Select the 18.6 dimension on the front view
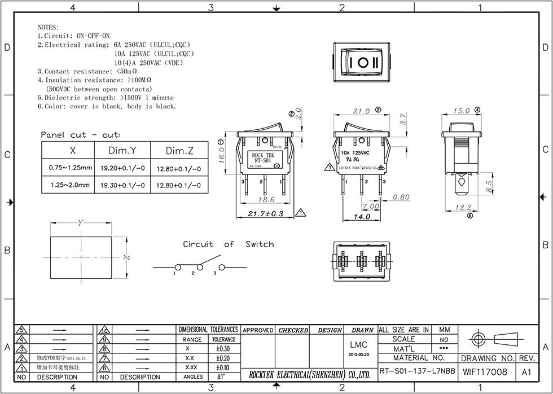pos(265,200)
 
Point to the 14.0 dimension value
pos(362,217)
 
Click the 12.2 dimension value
pos(463,208)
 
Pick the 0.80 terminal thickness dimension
pos(401,197)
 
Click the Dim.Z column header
pos(179,151)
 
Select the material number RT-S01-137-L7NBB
pos(417,372)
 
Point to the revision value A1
pos(526,372)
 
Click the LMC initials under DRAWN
pos(358,345)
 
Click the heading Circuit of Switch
pos(228,244)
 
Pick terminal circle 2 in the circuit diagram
pos(198,266)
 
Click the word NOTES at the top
pos(47,27)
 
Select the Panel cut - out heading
pos(80,135)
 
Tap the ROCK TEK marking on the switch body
pos(262,155)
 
